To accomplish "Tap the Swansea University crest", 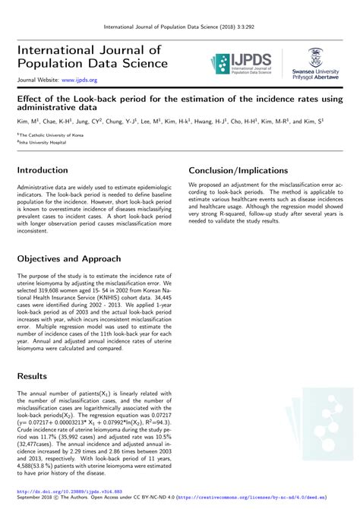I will click(x=315, y=58).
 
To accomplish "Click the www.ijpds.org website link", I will click(x=79, y=80).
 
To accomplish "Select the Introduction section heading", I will click(x=43, y=171).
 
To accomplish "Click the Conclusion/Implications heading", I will click(x=238, y=171).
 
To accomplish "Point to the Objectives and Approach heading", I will click(x=75, y=258).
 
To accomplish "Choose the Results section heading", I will click(x=33, y=376).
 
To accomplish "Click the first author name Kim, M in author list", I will click(x=27, y=122).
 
